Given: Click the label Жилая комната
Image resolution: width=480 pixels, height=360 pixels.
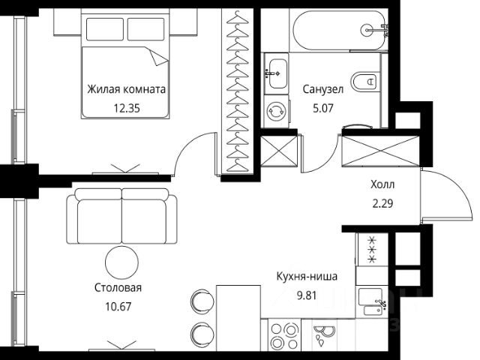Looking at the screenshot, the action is coord(127,89).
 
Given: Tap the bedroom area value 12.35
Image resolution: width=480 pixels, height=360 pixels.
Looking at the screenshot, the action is coord(127,108).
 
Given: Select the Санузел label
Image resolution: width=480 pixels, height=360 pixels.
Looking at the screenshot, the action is coord(323,89).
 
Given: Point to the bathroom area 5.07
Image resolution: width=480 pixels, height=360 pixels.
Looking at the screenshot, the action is coord(323,108).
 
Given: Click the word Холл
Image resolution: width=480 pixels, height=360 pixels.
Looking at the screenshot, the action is coord(382,184).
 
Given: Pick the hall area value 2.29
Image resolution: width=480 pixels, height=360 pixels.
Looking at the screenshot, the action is coord(382,203).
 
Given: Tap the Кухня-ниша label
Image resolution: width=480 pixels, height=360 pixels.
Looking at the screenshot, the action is coord(307,277).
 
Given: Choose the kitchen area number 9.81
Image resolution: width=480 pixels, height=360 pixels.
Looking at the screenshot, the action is coord(307,295).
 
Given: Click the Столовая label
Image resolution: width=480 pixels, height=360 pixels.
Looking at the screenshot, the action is coord(118,288).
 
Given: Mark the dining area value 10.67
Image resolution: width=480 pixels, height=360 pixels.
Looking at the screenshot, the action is coord(118,307).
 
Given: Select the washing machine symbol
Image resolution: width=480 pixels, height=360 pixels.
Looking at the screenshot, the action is coord(276,112).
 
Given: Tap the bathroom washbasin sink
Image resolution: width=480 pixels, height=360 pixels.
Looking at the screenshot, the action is coord(277,73).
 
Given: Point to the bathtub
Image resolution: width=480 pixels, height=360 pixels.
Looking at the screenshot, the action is coord(339,30).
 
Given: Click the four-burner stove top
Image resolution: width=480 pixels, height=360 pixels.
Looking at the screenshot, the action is coord(284,335).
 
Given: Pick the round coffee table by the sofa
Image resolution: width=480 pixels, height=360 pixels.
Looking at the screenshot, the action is coord(121,262).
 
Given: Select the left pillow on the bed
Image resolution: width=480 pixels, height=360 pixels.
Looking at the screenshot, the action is coord(105,29).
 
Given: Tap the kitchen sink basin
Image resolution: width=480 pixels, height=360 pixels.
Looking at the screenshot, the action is coord(370,296).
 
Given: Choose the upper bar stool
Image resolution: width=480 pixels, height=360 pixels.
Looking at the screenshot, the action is coord(202,300).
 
